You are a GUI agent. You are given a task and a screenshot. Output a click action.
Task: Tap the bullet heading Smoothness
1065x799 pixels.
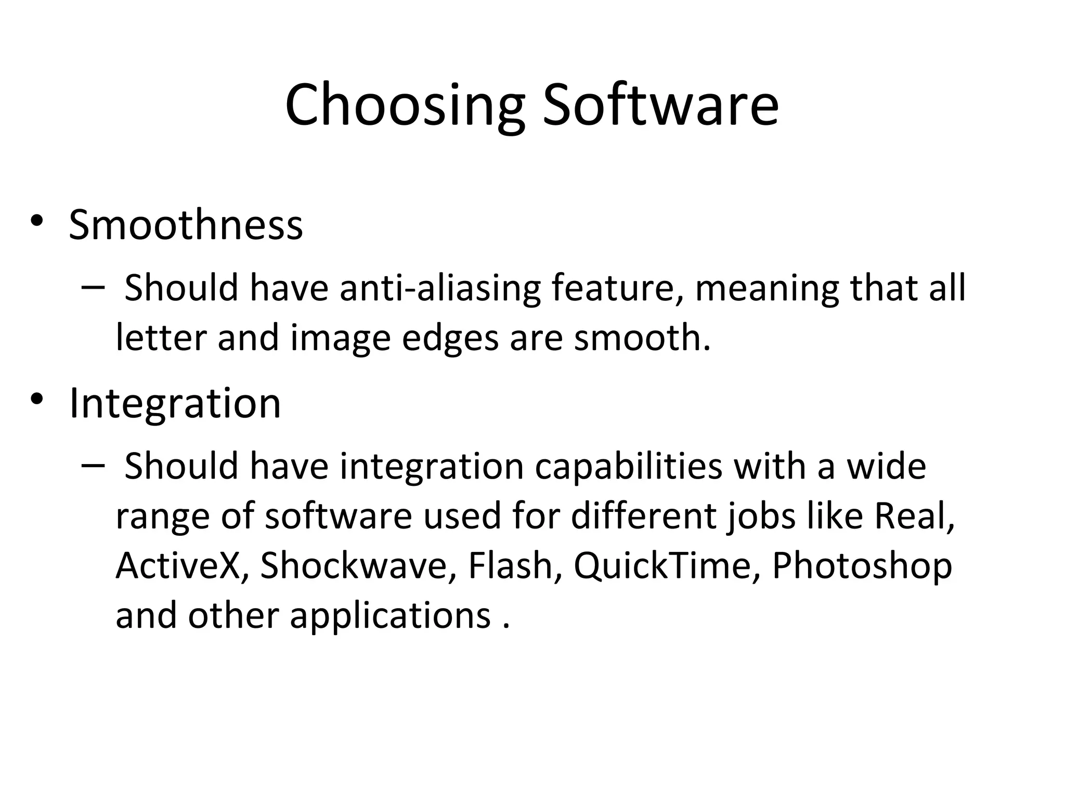[186, 225]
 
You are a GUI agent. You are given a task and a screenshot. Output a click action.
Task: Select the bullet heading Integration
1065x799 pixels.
[175, 403]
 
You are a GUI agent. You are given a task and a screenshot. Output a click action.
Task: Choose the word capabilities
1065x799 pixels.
[629, 467]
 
